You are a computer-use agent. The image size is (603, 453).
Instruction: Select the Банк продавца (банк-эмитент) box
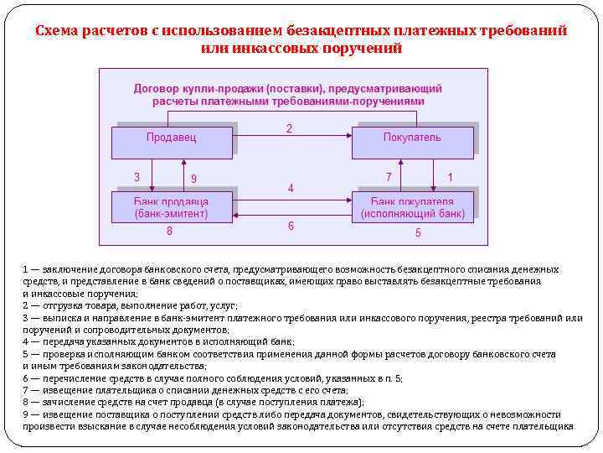172,207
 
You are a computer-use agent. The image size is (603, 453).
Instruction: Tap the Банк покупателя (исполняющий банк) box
412,207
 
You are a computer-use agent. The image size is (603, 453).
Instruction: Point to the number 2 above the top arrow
290,128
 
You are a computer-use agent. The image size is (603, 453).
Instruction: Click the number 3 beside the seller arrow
137,177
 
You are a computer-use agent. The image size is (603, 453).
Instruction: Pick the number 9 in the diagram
194,179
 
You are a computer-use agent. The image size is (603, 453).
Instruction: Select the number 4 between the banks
291,189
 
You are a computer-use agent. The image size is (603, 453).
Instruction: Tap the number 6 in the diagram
291,226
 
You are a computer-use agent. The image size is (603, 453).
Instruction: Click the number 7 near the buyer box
389,177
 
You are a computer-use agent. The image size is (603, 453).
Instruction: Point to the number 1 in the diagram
451,178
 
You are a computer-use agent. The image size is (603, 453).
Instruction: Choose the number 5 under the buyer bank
418,232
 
